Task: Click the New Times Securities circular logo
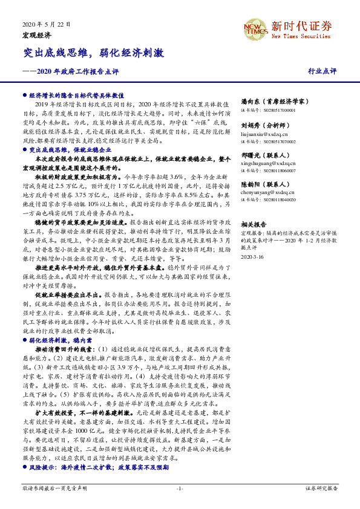(254, 29)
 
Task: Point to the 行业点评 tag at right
(322, 71)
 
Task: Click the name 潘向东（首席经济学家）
(272, 103)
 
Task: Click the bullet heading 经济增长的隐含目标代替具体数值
(76, 96)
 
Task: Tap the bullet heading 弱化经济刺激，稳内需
(59, 340)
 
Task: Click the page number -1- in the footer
(180, 487)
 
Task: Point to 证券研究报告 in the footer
(322, 487)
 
